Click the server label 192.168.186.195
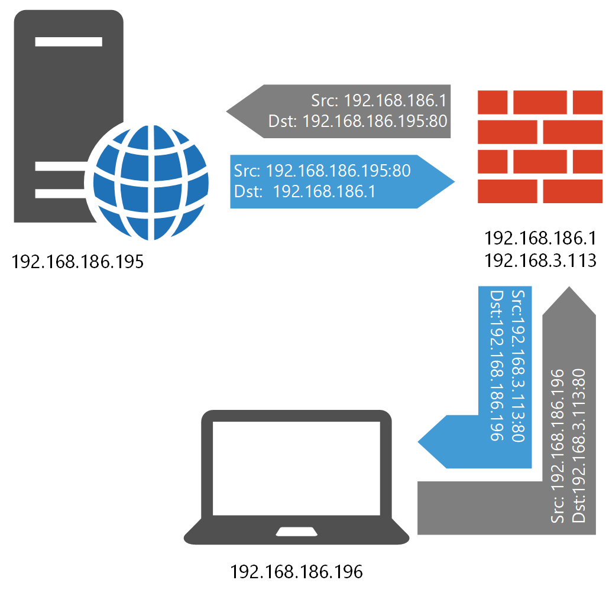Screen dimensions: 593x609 tap(77, 261)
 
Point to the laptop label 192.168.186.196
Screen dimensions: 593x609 tap(296, 572)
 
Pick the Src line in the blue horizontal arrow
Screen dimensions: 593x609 tap(322, 171)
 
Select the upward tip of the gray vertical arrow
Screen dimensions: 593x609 tap(569, 289)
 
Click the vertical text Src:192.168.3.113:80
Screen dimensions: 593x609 tap(517, 366)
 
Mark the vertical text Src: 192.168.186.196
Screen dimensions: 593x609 tap(558, 446)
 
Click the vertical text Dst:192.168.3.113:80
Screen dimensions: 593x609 tap(579, 446)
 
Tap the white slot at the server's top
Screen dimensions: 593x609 tap(69, 42)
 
